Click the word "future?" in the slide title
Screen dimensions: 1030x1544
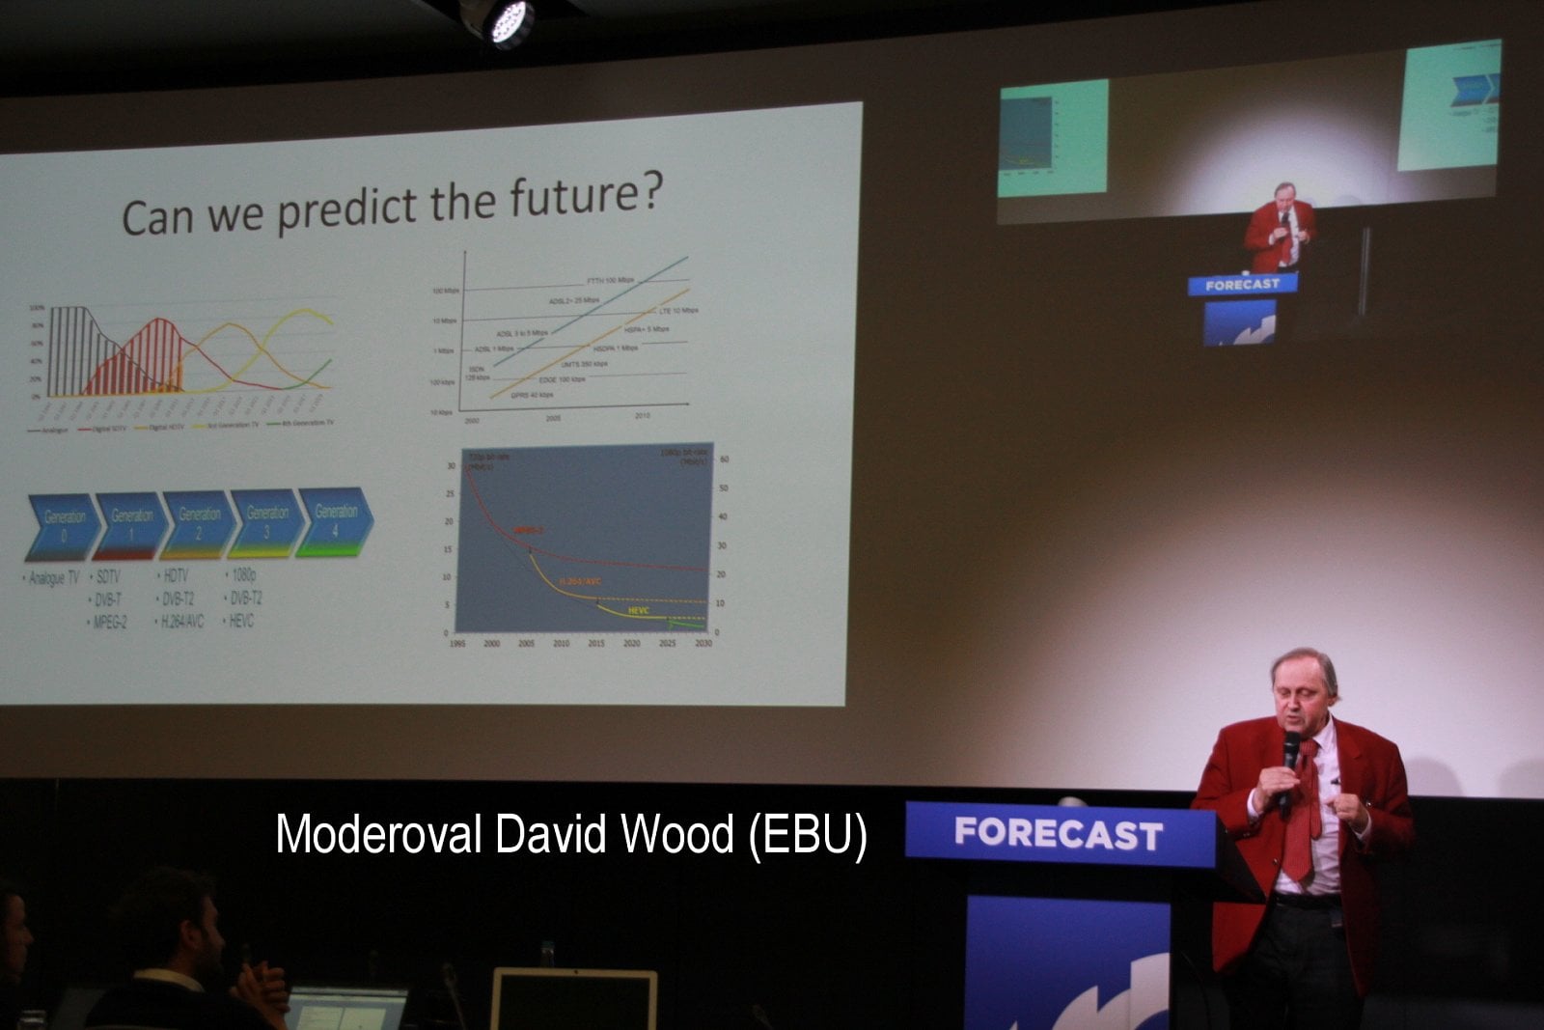[x=587, y=196]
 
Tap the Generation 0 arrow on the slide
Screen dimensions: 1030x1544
[x=63, y=525]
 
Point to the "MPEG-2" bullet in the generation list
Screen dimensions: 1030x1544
[x=110, y=623]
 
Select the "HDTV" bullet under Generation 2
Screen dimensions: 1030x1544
[x=176, y=575]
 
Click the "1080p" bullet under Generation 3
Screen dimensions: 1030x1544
[x=243, y=574]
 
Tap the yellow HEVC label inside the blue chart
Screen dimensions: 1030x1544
[x=638, y=610]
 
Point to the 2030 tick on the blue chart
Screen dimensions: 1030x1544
[x=703, y=643]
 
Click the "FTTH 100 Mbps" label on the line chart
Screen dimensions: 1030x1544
[x=610, y=280]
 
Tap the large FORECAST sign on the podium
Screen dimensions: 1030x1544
[x=1059, y=833]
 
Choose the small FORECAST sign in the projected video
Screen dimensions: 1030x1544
[x=1243, y=284]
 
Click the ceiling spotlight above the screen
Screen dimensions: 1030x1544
[x=507, y=22]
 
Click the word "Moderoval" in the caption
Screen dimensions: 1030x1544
[x=378, y=834]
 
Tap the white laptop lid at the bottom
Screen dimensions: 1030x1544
[x=573, y=999]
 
